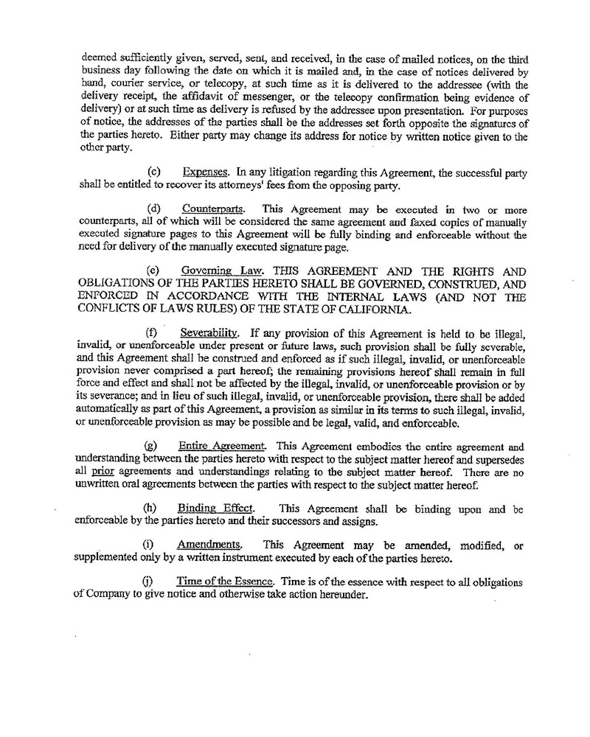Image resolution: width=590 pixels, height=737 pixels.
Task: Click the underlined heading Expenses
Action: point(205,172)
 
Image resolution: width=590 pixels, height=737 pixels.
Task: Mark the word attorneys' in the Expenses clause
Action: point(260,184)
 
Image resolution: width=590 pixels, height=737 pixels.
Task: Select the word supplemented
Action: point(108,557)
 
